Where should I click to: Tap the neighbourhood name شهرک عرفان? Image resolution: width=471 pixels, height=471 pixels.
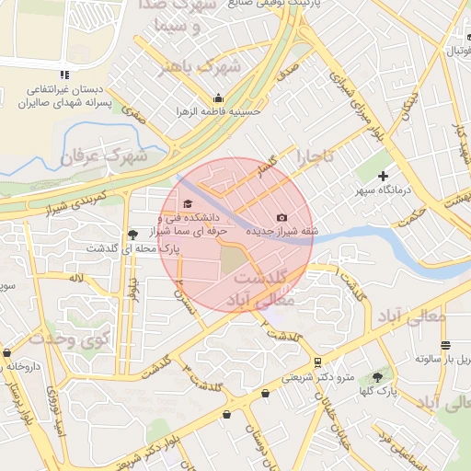104,155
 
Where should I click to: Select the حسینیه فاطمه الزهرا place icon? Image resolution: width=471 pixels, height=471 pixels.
218,98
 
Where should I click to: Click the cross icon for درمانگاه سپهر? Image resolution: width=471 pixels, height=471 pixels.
384,176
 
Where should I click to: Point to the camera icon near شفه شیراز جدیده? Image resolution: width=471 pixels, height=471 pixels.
281,218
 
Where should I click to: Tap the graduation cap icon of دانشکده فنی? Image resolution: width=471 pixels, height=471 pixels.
189,204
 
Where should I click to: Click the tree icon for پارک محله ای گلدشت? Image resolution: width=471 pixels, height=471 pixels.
133,235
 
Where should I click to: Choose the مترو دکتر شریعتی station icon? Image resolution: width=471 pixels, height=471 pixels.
317,362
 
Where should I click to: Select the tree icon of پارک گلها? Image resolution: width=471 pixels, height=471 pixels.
377,376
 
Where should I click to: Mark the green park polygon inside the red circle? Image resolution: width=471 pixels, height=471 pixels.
235,262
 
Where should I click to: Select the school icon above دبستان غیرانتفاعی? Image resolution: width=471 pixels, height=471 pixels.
63,74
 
